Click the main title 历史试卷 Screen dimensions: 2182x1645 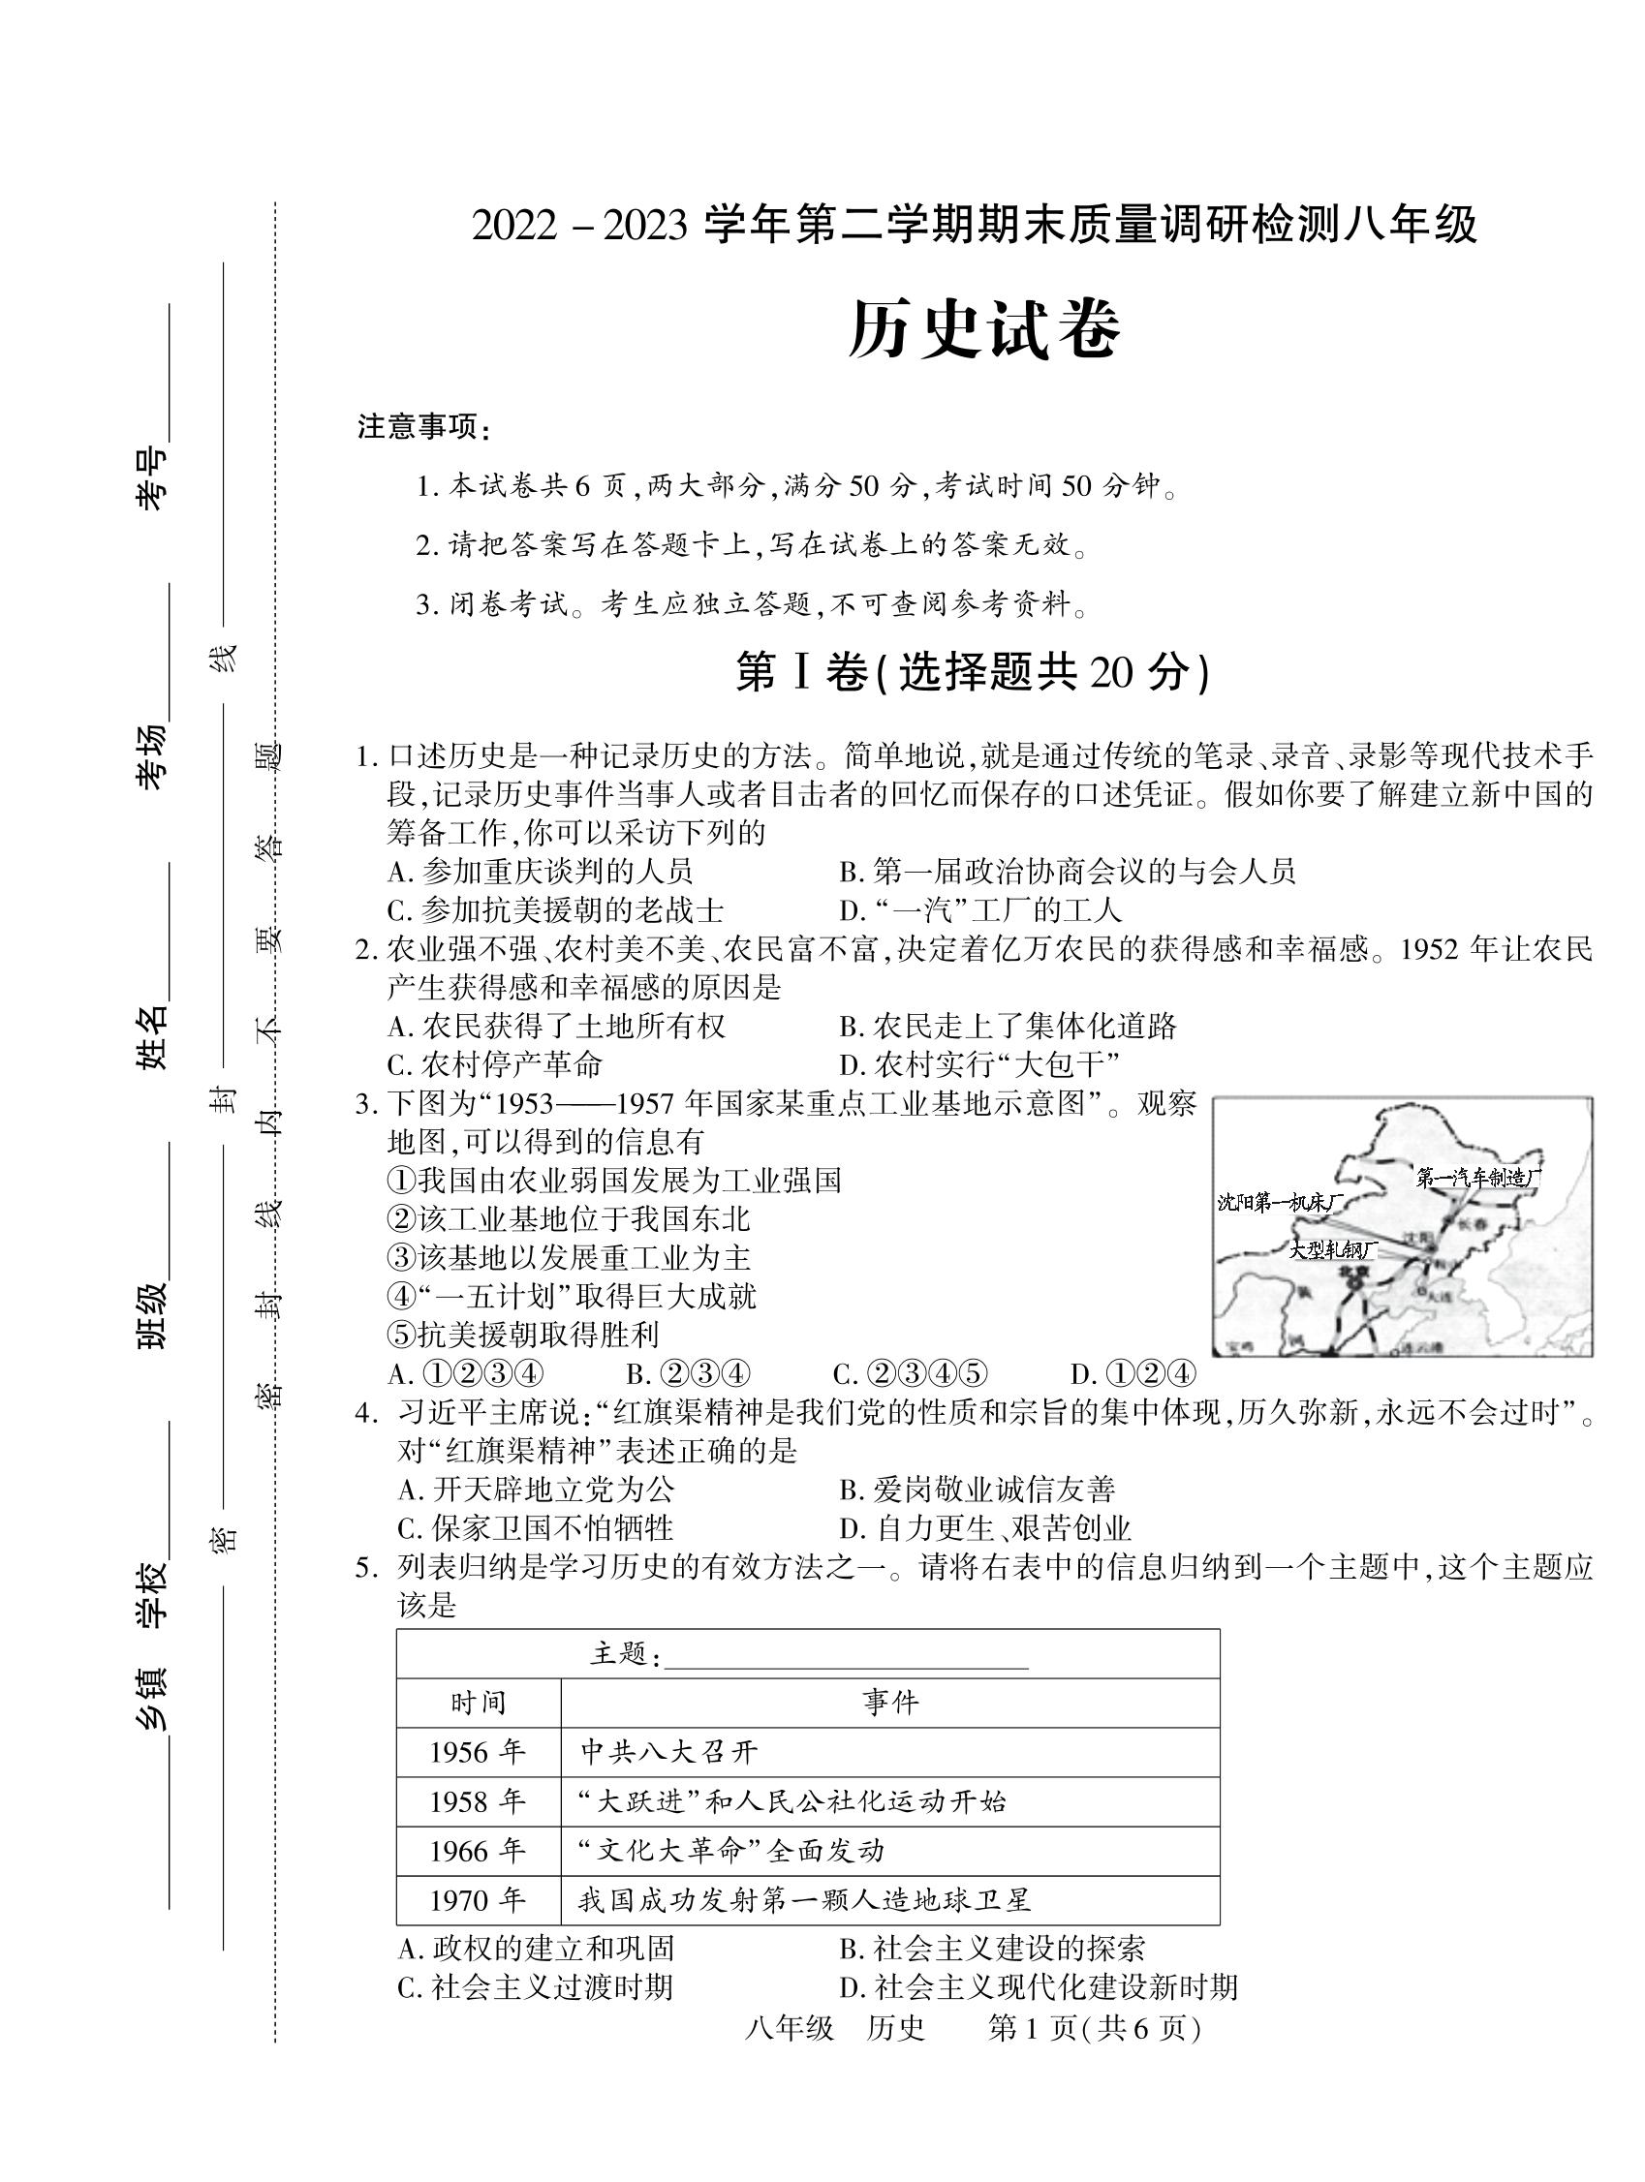[984, 328]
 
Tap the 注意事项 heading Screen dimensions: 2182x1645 [423, 428]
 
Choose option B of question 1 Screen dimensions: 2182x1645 [1066, 871]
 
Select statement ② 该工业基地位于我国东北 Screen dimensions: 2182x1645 [570, 1219]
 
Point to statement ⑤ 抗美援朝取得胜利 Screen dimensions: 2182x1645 [524, 1335]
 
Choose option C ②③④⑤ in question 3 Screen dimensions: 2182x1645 [910, 1374]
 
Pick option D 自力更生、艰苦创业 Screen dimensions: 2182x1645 [984, 1529]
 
